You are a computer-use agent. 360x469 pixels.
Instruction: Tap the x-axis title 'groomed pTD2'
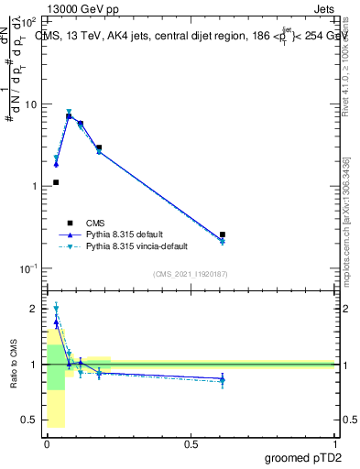[299, 458]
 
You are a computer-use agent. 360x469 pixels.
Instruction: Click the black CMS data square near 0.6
[223, 234]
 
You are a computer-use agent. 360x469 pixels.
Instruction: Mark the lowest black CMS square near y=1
[56, 182]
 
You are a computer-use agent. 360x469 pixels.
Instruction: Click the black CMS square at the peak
[69, 116]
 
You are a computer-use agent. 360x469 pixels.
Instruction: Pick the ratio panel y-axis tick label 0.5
[31, 420]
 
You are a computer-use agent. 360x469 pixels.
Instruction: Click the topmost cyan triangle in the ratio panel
[56, 309]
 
